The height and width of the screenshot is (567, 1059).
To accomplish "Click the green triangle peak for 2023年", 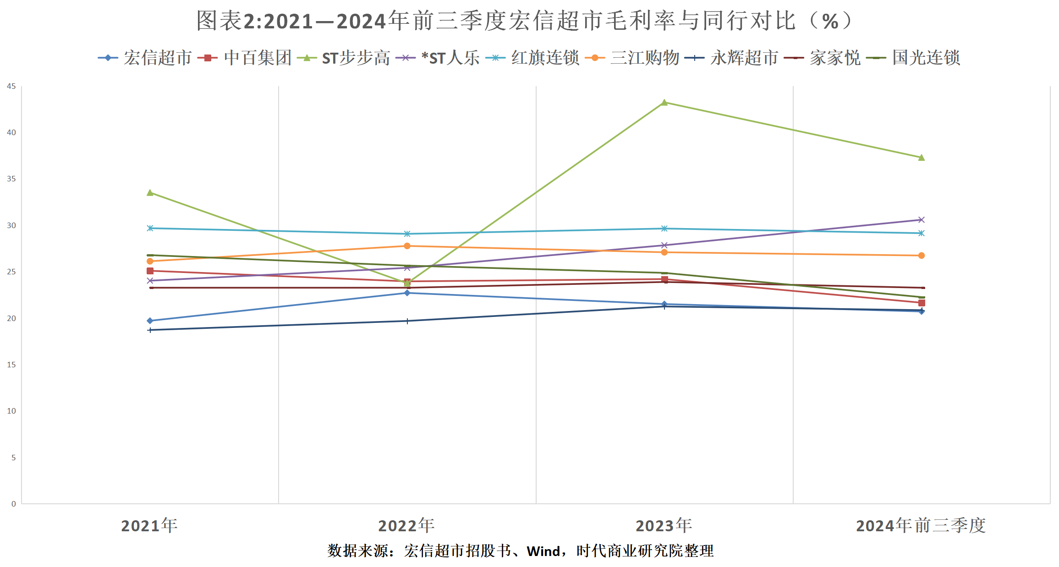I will (664, 103).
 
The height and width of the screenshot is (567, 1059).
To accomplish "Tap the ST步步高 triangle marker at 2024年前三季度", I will (922, 158).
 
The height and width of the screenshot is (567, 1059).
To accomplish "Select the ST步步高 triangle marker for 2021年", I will (150, 193).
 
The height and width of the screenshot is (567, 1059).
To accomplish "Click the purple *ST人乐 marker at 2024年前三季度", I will (922, 220).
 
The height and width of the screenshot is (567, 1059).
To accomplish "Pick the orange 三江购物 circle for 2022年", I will (407, 246).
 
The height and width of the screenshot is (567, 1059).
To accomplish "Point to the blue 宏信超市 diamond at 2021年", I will (150, 321).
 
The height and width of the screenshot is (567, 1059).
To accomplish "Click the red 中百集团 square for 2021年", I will (150, 271).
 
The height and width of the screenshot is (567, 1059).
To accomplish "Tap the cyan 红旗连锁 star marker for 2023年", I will (664, 229).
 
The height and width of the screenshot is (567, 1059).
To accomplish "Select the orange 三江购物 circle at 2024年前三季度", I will (922, 256).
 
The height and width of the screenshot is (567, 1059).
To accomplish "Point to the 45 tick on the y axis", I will (11, 87).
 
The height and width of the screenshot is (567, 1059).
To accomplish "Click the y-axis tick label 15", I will (11, 365).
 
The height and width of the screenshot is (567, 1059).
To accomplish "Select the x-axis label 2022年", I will (406, 526).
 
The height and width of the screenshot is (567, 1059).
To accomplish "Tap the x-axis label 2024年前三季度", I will (921, 526).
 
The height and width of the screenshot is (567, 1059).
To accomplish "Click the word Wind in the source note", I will (543, 551).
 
